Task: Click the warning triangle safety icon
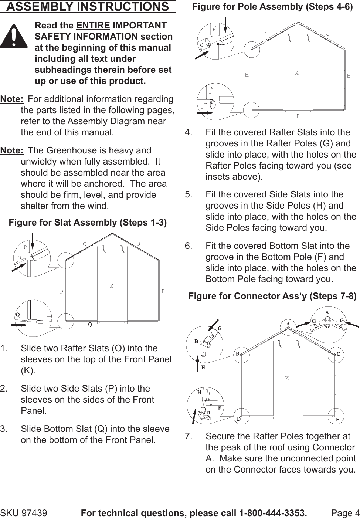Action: point(14,36)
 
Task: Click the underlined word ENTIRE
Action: point(93,26)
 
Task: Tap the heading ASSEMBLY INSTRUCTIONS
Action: point(88,7)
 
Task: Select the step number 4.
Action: point(189,132)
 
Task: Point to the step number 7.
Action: point(189,436)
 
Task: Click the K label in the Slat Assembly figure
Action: point(112,286)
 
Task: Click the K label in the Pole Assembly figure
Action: point(296,73)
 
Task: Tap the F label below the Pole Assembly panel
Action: point(298,116)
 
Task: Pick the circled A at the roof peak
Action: point(288,324)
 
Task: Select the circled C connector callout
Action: point(338,354)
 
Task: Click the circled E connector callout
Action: point(337,419)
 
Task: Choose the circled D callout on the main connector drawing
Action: point(239,419)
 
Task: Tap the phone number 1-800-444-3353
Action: point(273,513)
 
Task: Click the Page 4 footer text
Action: point(345,513)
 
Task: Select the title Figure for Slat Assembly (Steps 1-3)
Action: point(88,223)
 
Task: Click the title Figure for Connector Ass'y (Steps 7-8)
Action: point(272,296)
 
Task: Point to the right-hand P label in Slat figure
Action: point(163,291)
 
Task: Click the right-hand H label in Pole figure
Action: point(349,76)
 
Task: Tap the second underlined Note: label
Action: point(12,150)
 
